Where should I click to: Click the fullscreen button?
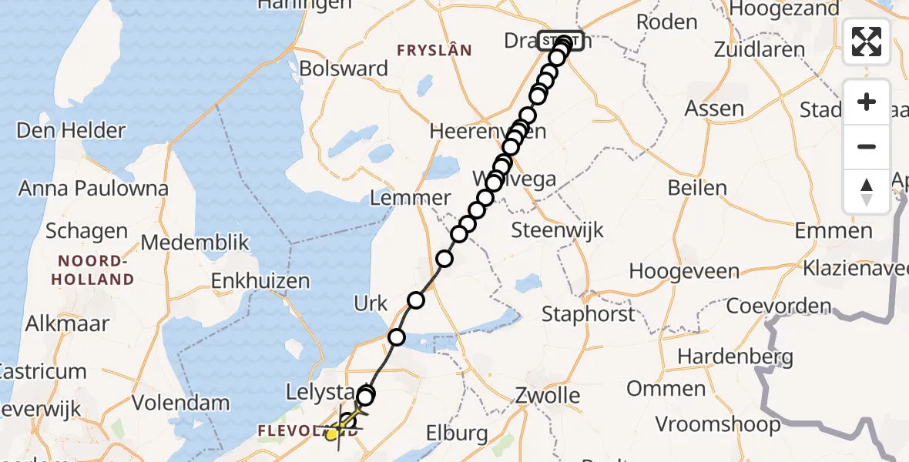click(x=867, y=42)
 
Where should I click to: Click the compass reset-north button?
click(x=867, y=192)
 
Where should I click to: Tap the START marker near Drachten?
click(x=561, y=39)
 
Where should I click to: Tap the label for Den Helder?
click(x=71, y=130)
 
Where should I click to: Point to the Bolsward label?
click(x=344, y=69)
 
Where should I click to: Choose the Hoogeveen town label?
click(x=684, y=271)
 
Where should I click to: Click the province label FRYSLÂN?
click(x=434, y=50)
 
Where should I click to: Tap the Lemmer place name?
click(x=411, y=197)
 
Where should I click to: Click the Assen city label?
click(x=715, y=109)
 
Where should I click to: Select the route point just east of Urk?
click(x=416, y=300)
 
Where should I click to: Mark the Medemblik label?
click(x=195, y=243)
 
